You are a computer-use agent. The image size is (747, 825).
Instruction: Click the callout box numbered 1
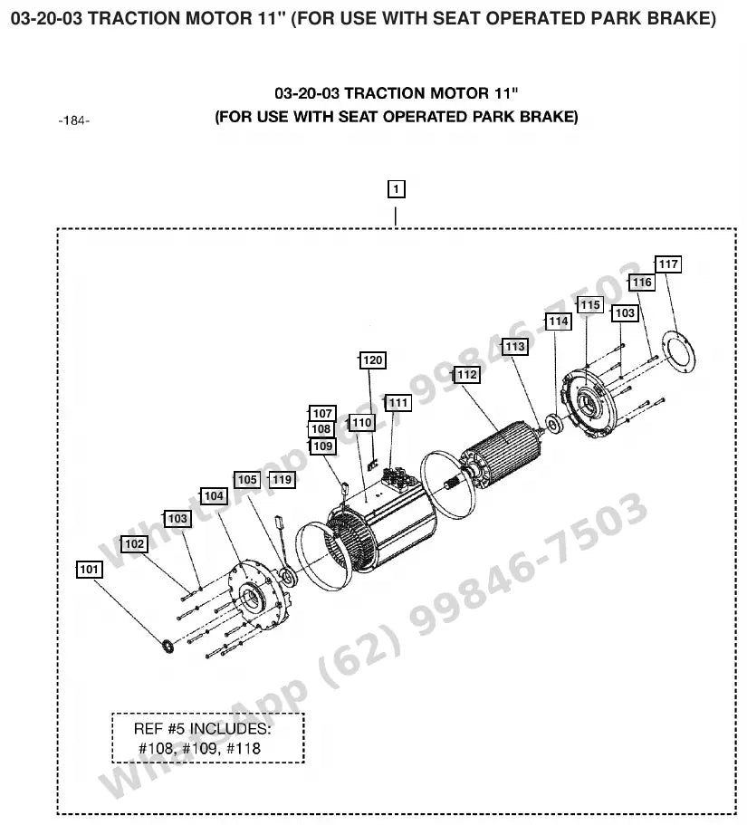(396, 189)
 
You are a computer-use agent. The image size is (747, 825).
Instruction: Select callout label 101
(89, 570)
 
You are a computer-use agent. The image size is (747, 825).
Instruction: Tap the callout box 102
(134, 544)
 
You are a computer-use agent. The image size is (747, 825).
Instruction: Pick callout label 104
(214, 496)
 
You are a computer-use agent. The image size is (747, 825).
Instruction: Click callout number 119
(282, 480)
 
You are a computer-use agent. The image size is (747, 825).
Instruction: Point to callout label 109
(322, 446)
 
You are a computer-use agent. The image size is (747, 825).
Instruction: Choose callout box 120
(372, 360)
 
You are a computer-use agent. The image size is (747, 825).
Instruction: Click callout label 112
(466, 375)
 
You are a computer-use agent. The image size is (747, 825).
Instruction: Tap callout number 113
(515, 347)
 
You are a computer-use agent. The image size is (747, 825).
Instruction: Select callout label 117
(668, 264)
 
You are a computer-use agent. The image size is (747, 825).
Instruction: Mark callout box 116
(642, 283)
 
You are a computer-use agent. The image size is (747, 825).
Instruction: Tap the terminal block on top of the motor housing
(398, 477)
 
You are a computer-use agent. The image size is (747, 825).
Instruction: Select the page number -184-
(74, 121)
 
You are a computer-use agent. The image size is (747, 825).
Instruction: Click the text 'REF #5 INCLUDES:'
(203, 729)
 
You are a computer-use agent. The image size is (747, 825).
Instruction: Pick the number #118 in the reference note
(243, 748)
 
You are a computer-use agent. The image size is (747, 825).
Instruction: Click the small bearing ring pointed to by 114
(553, 424)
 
